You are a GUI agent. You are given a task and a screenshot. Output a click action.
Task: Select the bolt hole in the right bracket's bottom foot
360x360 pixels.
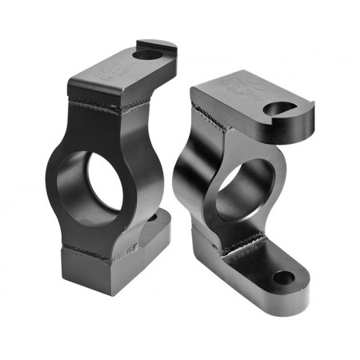tap(283, 278)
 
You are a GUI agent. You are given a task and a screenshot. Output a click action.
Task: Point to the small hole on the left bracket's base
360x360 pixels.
tap(152, 217)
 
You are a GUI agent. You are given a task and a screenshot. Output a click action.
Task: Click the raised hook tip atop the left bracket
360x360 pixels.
tap(164, 44)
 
